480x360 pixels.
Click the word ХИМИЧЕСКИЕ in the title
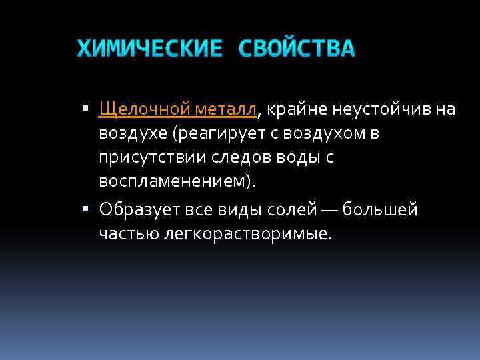tap(149, 49)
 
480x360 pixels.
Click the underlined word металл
tap(227, 109)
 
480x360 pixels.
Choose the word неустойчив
tap(374, 109)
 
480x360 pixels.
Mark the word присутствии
tap(147, 157)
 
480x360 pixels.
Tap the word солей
tap(310, 210)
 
